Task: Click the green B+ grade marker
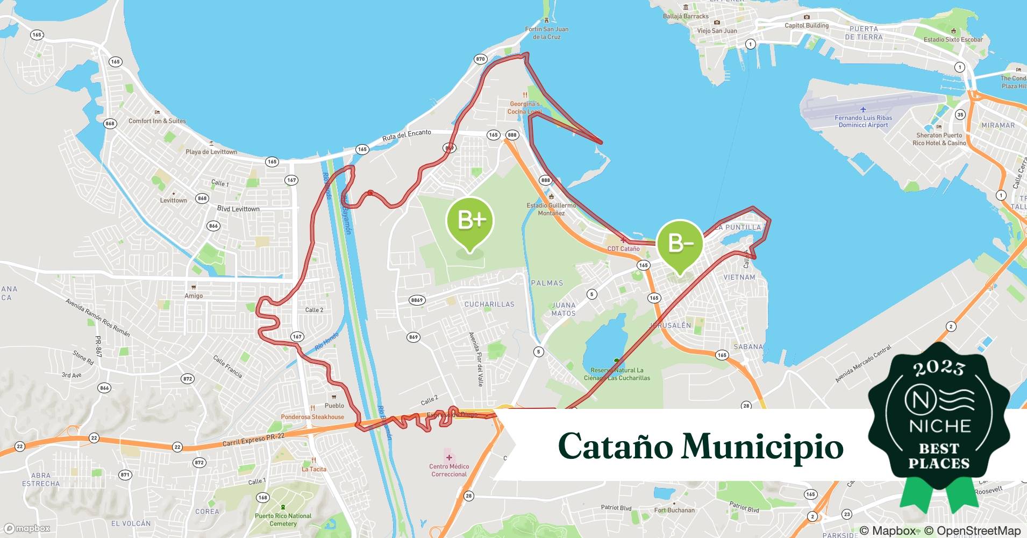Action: point(470,221)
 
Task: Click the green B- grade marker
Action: point(680,243)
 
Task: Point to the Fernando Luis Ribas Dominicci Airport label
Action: point(863,121)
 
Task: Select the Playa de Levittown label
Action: point(211,152)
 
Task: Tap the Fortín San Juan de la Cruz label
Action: point(546,33)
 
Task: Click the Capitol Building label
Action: point(807,25)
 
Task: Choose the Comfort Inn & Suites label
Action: point(157,121)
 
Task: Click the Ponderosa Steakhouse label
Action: point(312,417)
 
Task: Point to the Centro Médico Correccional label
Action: point(449,470)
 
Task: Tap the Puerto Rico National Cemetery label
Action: point(283,520)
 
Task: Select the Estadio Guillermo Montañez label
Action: point(551,209)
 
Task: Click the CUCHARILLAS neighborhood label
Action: point(489,304)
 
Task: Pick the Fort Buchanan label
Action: point(674,510)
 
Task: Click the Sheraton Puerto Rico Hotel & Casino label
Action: point(939,139)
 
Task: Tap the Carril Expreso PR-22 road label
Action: point(253,440)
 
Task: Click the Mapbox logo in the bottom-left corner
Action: point(27,528)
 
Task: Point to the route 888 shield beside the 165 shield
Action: point(512,135)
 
